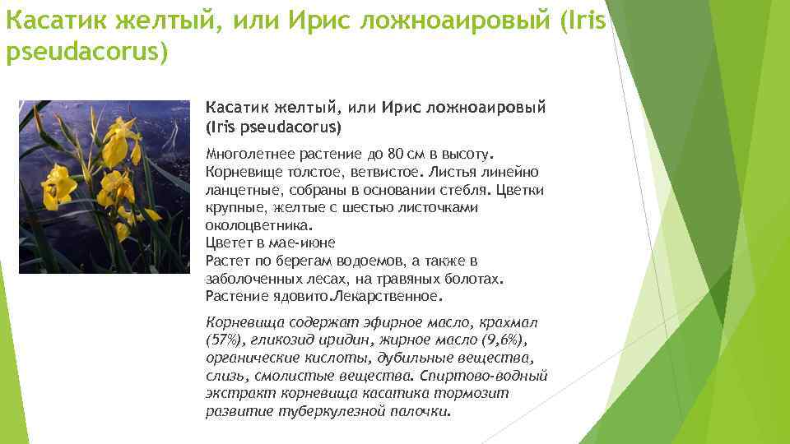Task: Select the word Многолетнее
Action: (x=246, y=154)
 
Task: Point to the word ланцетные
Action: (x=239, y=190)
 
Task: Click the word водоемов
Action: (x=392, y=261)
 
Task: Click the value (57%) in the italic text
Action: (x=222, y=340)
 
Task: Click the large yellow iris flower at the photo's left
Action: (x=59, y=185)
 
